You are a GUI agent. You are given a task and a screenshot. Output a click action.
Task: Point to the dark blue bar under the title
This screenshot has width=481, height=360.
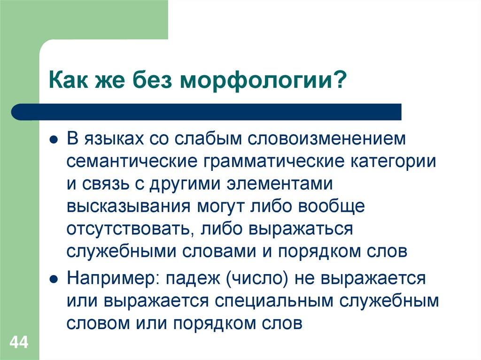pos(207,112)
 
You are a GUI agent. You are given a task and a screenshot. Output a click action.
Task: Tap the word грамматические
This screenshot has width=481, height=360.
pos(275,162)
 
